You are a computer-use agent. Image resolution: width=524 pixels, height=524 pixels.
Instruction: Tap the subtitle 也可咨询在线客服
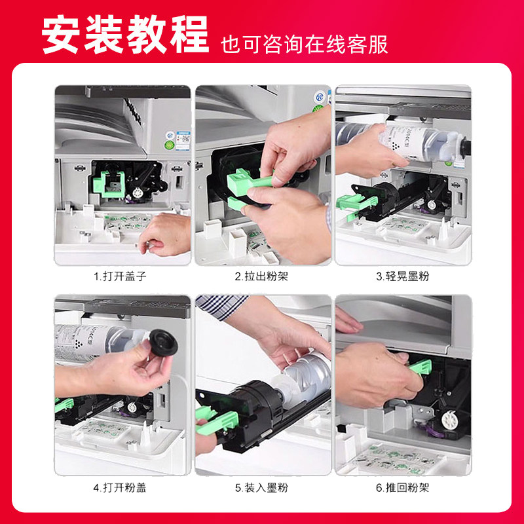pyautogui.click(x=305, y=45)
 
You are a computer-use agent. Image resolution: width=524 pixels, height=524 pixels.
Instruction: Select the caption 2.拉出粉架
pyautogui.click(x=261, y=276)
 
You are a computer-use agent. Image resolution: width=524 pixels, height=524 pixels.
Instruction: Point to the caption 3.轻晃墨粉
pyautogui.click(x=403, y=276)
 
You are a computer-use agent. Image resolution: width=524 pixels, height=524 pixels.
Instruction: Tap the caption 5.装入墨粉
pyautogui.click(x=261, y=487)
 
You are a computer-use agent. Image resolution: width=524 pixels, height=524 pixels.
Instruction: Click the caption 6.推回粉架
pyautogui.click(x=403, y=487)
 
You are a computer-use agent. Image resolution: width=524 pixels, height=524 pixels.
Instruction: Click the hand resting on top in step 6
pyautogui.click(x=350, y=322)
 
